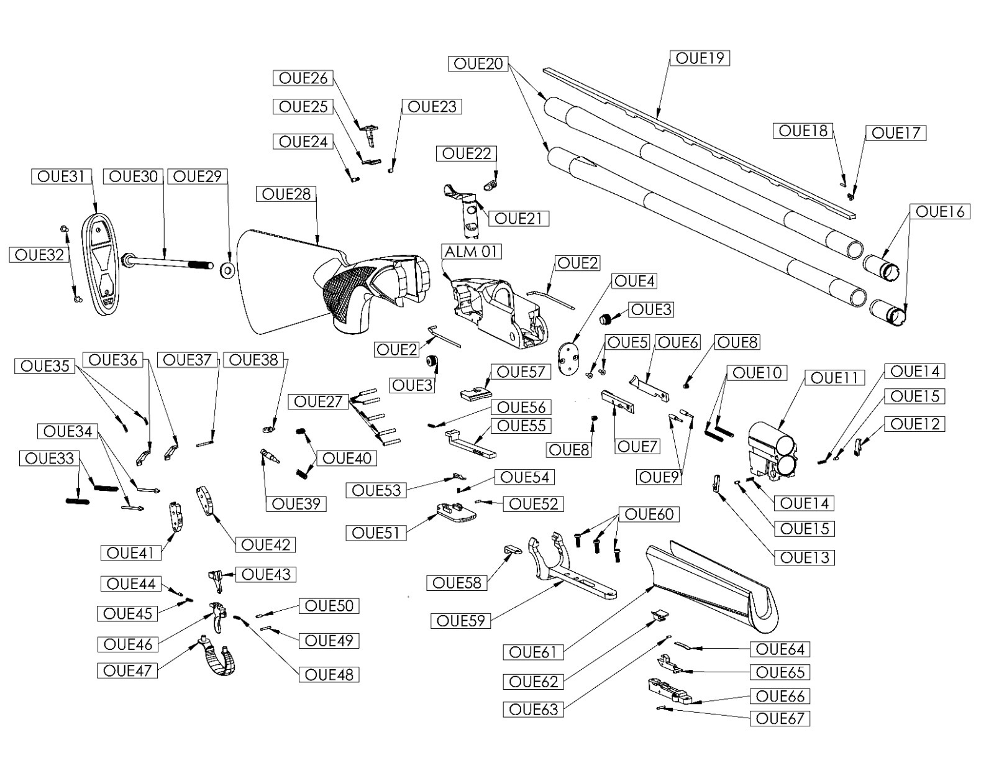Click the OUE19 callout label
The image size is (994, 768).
[700, 58]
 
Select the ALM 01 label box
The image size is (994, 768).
[472, 252]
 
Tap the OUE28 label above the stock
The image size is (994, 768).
[286, 194]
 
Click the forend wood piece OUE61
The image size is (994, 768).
[714, 584]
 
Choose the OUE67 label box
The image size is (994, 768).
[780, 718]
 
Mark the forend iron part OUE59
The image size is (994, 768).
[565, 565]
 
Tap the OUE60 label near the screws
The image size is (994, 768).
[649, 514]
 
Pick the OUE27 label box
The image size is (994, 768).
[318, 401]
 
